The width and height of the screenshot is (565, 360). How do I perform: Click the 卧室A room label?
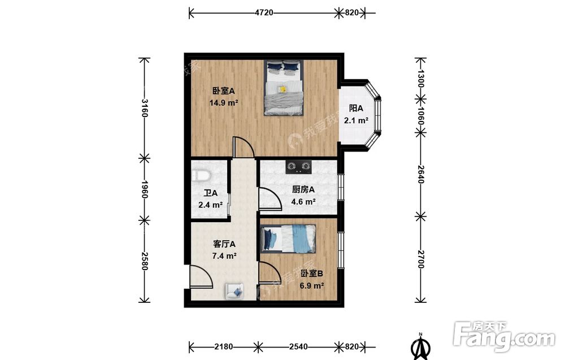(x=223, y=91)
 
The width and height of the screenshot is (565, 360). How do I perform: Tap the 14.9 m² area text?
(x=224, y=103)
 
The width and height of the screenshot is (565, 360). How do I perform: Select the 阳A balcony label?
(x=356, y=109)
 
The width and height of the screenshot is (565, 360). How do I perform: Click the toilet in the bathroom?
(x=201, y=176)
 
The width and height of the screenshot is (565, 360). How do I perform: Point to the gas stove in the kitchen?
(x=299, y=167)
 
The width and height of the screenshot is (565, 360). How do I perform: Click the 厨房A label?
(x=303, y=189)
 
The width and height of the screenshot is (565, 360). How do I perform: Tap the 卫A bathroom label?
(x=210, y=193)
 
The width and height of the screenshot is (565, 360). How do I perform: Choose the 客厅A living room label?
(x=224, y=244)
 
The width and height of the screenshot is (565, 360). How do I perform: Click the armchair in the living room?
(x=235, y=291)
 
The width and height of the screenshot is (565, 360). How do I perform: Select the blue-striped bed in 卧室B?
(x=288, y=238)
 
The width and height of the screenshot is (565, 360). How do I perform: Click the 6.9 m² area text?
(x=312, y=286)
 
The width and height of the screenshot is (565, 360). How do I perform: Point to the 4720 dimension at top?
(x=264, y=12)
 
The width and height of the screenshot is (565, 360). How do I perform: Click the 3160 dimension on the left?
(x=144, y=108)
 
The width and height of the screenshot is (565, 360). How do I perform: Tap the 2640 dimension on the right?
(x=420, y=175)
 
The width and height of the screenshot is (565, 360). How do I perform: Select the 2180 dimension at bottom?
(x=223, y=346)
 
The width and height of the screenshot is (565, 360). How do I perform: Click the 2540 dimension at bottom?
(x=298, y=346)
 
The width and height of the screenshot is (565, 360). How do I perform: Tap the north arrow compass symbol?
(x=420, y=346)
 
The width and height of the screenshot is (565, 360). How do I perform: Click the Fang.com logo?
(x=505, y=337)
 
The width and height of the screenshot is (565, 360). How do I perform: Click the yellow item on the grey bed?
(x=282, y=89)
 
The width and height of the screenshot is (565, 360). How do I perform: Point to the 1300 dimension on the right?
(x=420, y=78)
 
